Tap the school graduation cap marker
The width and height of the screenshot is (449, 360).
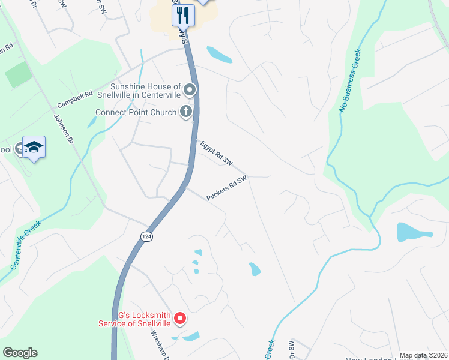point(34,148)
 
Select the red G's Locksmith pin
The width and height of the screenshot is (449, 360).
point(179,317)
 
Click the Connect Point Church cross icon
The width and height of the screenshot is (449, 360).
point(187,112)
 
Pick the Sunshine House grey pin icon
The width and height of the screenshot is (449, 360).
point(190,91)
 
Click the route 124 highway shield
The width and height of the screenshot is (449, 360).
point(146,236)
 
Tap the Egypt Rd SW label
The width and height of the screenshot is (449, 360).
point(215,153)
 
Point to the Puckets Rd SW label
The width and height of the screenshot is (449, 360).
point(227,188)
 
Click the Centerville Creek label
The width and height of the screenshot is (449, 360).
point(25,245)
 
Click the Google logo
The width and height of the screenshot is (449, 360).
point(20,353)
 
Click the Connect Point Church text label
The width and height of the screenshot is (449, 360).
point(136,112)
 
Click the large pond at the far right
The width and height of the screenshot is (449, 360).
point(414,231)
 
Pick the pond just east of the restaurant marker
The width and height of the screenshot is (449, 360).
point(220,55)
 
